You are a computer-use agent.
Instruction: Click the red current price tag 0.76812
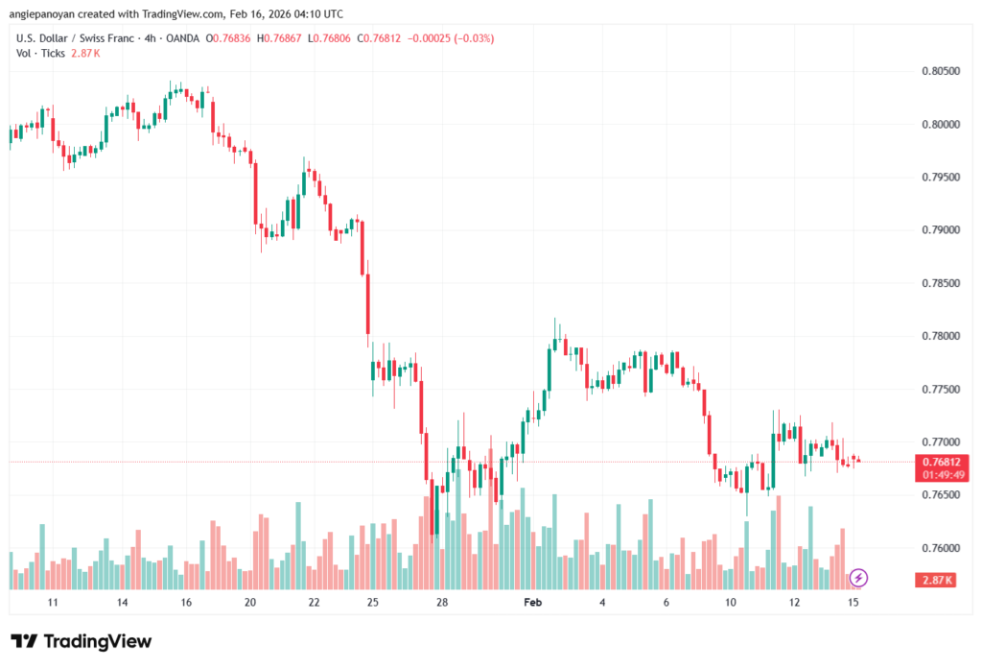936,462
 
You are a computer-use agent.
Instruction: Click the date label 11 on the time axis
53,602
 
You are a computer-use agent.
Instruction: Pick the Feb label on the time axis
533,602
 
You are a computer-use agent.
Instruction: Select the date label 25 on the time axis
372,602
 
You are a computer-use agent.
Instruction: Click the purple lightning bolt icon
859,577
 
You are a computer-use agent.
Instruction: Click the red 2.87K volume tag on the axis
936,581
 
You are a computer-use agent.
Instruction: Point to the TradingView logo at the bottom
82,641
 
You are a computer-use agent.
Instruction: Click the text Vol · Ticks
39,53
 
